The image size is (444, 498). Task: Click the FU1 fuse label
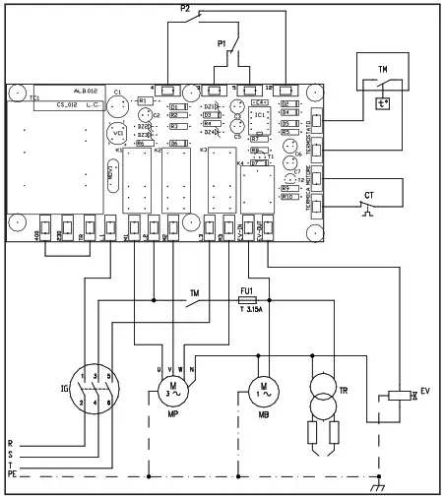click(x=247, y=292)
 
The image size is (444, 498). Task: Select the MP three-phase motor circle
click(x=172, y=390)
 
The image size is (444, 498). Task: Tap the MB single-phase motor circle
click(x=262, y=390)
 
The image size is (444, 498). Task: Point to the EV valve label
click(x=424, y=392)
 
